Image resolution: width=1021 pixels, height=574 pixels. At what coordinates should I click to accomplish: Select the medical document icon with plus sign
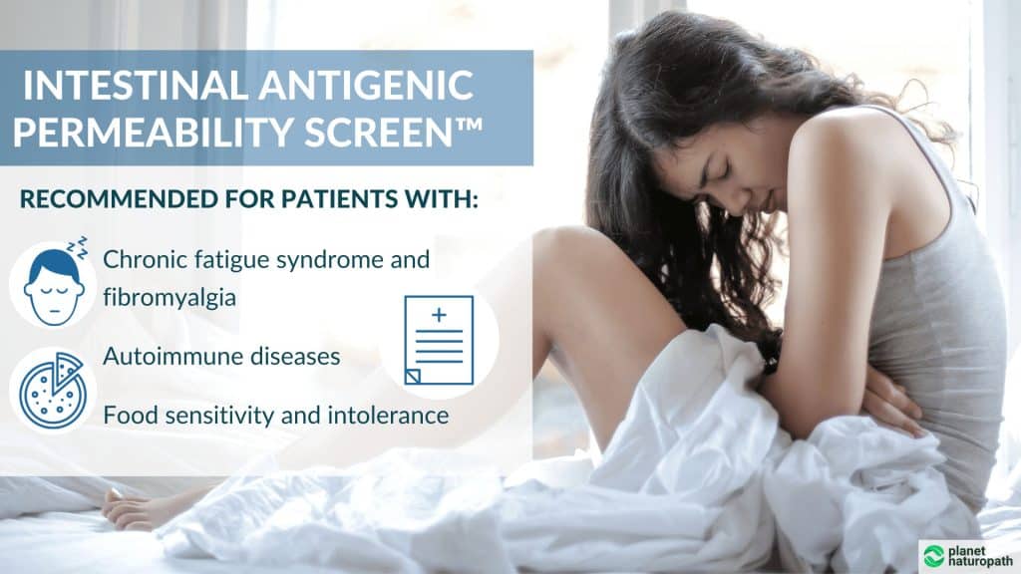coord(439,340)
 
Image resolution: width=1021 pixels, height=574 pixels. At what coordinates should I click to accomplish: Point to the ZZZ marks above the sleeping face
coord(77,244)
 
